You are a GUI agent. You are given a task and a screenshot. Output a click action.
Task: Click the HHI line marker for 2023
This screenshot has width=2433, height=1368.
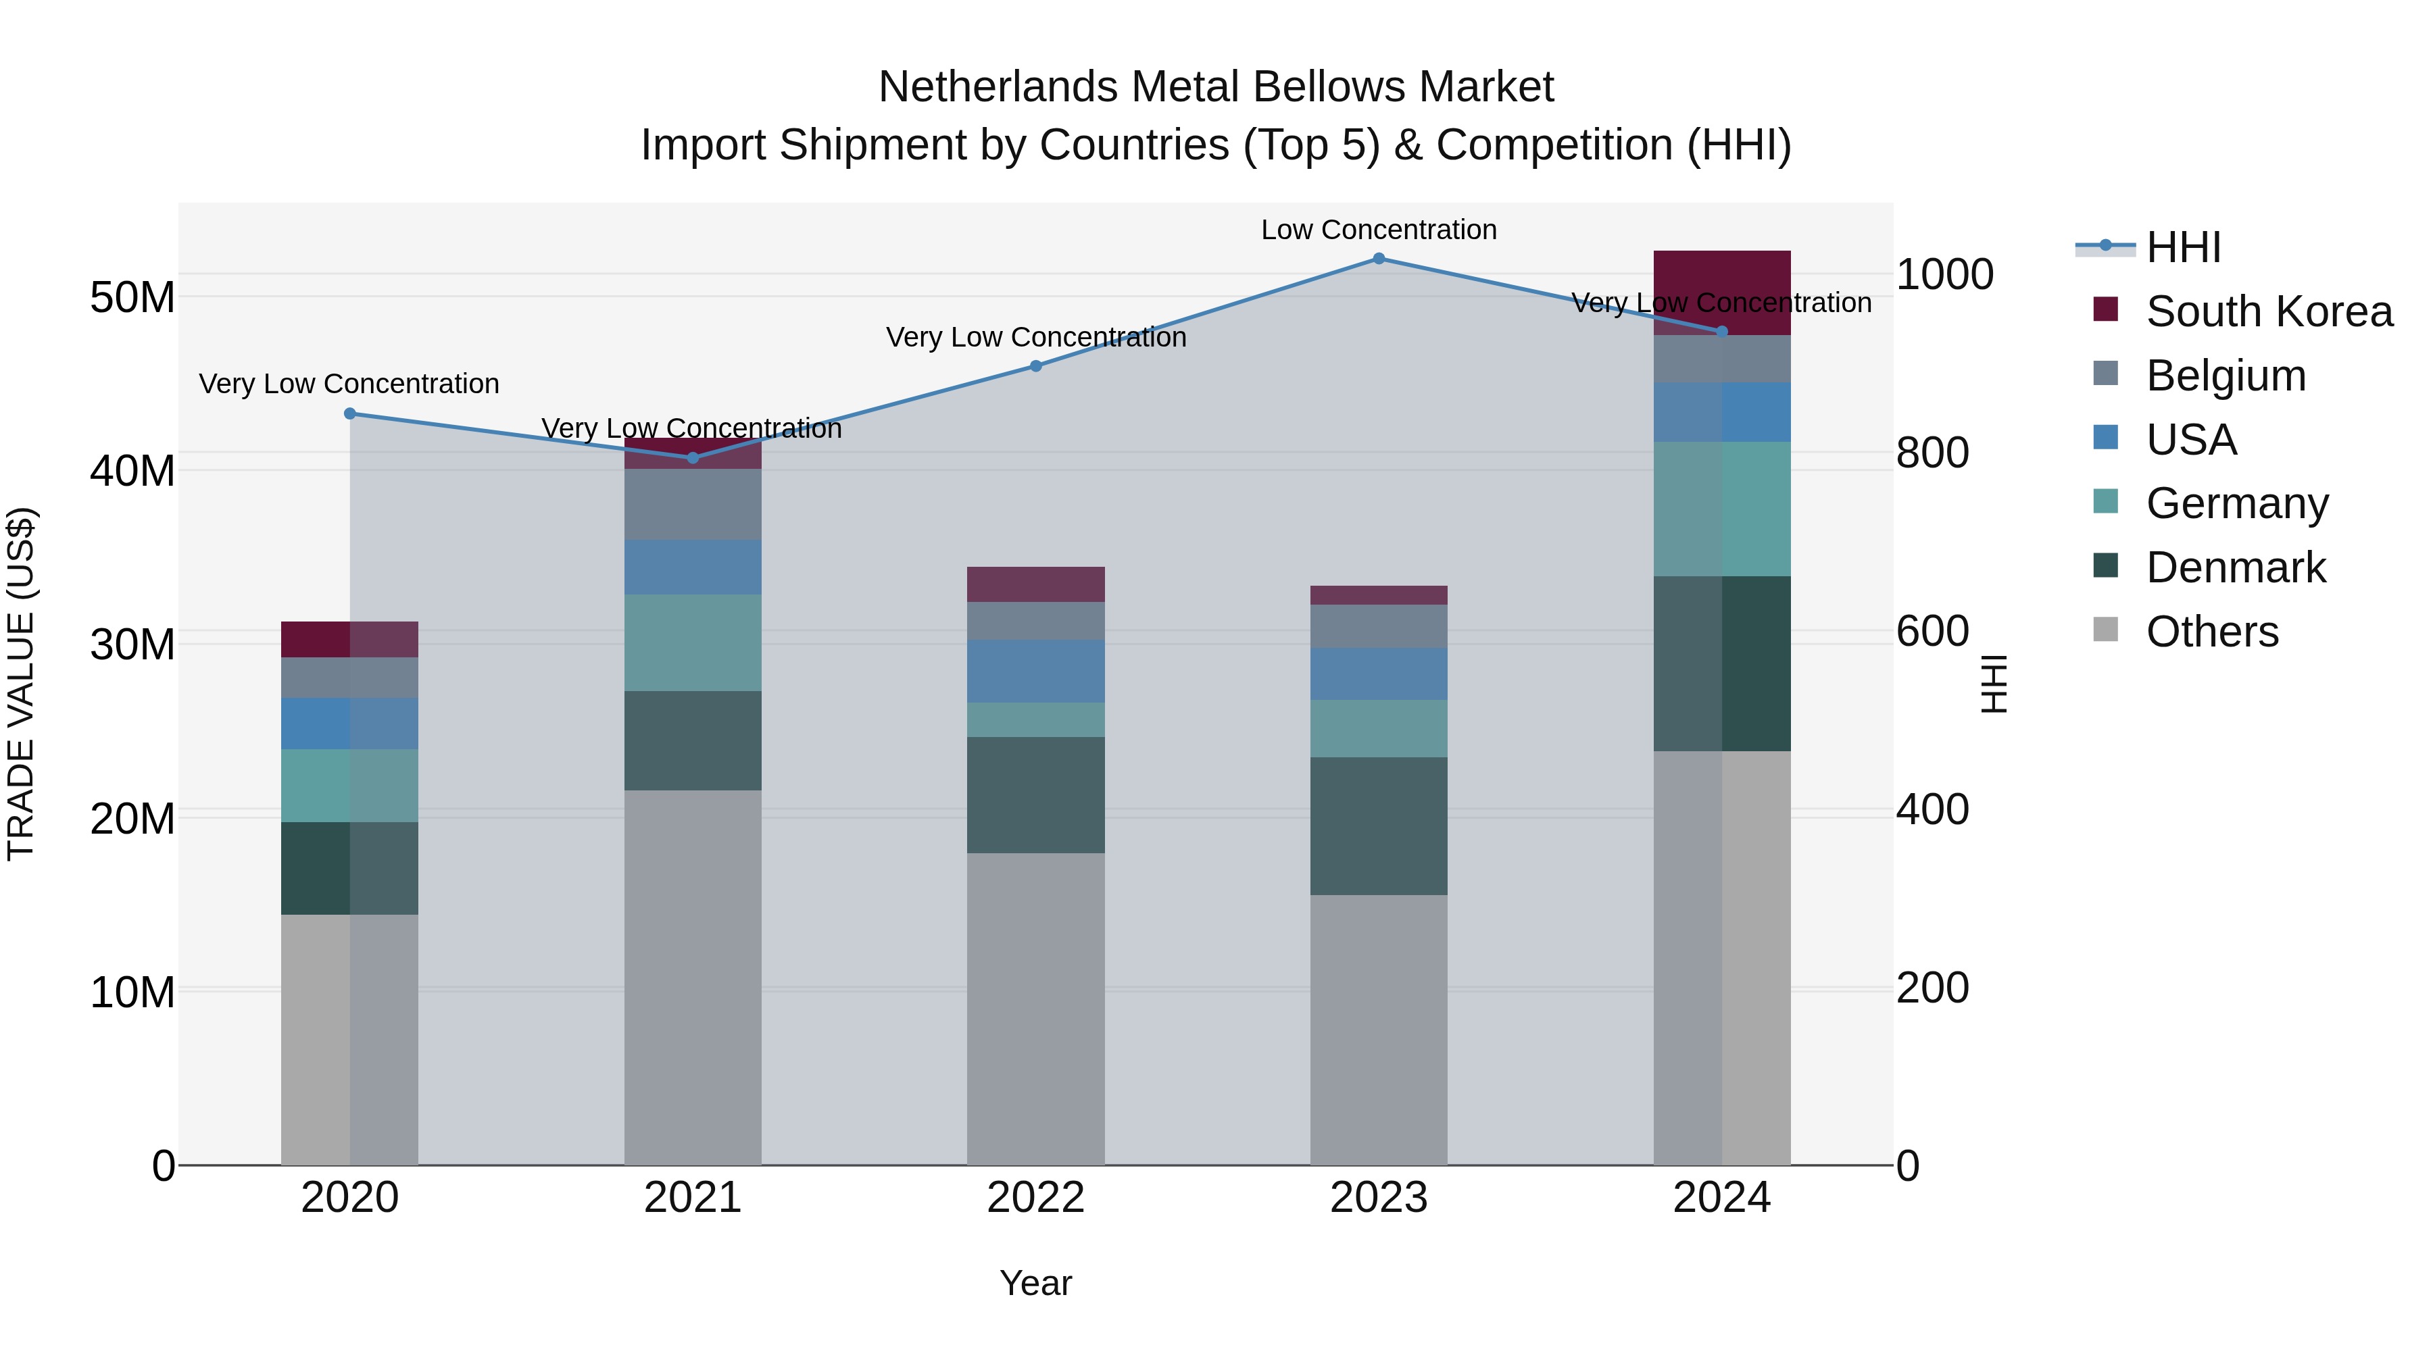point(1378,259)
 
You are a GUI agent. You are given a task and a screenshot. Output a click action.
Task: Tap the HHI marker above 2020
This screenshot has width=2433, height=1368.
point(349,413)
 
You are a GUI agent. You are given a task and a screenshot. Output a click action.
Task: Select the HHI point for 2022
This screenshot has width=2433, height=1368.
point(1035,366)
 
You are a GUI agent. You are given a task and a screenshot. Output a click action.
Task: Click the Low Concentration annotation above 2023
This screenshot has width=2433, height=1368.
point(1378,230)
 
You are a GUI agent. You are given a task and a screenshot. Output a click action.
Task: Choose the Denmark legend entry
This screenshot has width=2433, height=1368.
point(2235,567)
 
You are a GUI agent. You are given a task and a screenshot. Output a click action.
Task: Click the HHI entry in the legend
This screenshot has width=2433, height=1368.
point(2183,247)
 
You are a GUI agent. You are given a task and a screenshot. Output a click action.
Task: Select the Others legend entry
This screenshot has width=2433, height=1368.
point(2211,632)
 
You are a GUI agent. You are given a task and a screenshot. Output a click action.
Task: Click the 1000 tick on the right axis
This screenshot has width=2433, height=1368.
point(1944,275)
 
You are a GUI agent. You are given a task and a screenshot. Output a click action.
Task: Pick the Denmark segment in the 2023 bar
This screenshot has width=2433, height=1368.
point(1378,826)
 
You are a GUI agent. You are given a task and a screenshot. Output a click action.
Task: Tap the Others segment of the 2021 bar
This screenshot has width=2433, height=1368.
point(692,977)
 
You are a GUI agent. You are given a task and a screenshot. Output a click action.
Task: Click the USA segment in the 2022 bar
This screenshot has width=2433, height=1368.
point(1035,672)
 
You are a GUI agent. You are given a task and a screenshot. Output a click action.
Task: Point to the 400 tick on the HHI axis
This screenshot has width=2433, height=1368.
point(1932,810)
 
